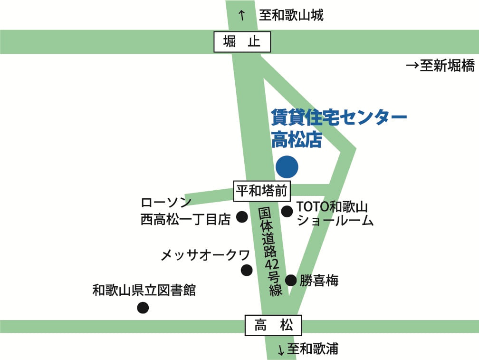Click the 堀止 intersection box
tap(242, 42)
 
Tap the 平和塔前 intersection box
tap(262, 191)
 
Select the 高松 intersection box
tap(273, 326)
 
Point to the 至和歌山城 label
tap(291, 16)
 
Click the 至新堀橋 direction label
tap(441, 66)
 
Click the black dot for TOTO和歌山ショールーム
tap(287, 212)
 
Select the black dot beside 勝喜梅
tap(290, 280)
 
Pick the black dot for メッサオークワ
tap(247, 270)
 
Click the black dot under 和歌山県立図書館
tap(143, 308)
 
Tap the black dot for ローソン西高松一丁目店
tap(242, 217)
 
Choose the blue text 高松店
tap(297, 140)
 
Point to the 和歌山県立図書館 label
tap(144, 290)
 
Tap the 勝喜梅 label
tap(319, 281)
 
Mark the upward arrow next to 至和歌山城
tap(241, 16)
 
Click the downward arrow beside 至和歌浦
tap(281, 350)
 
